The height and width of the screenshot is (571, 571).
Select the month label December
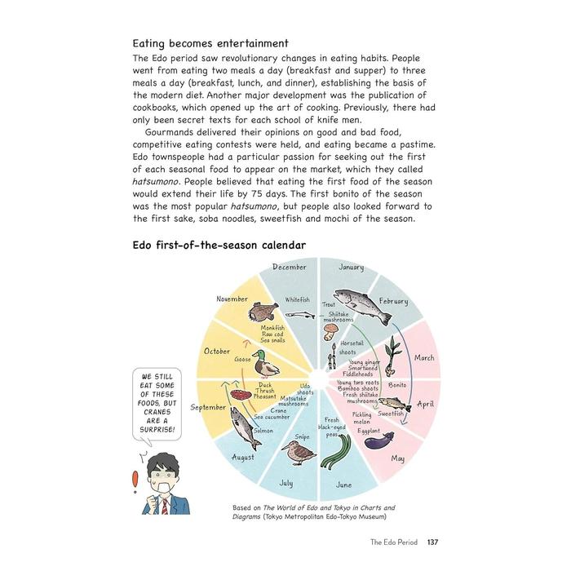click(x=290, y=267)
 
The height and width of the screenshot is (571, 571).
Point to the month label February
click(x=393, y=302)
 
